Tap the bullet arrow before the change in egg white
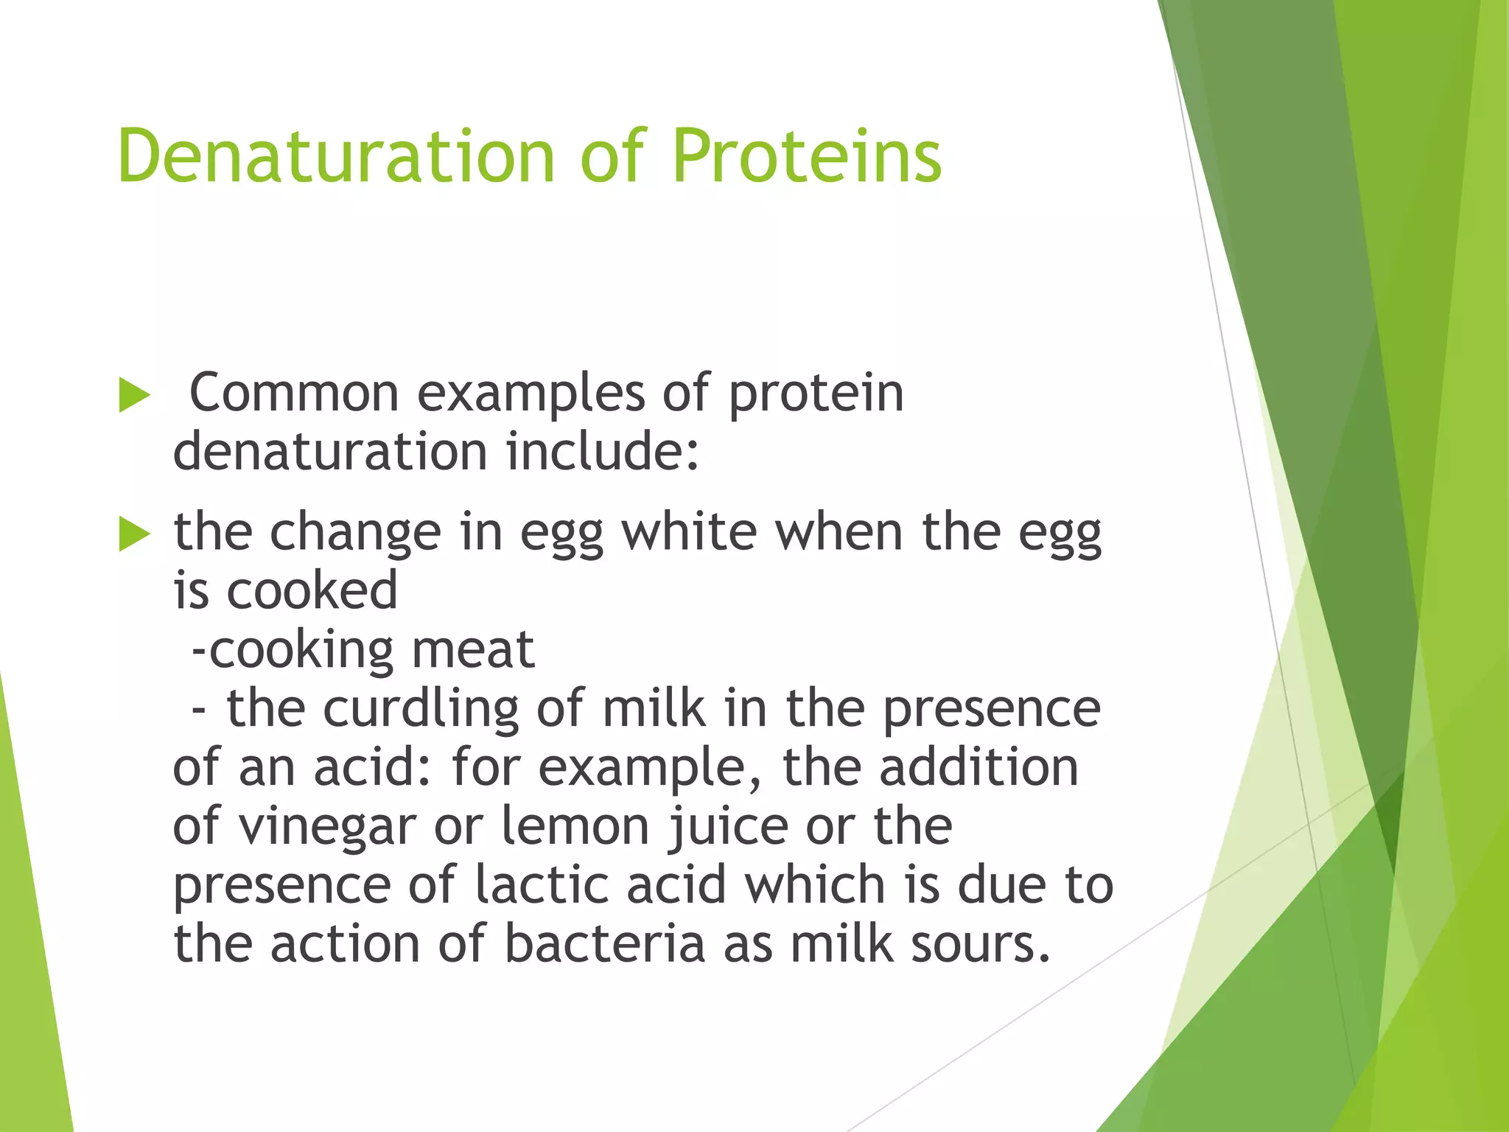(134, 534)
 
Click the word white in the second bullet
(690, 531)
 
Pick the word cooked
(312, 590)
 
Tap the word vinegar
(327, 826)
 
